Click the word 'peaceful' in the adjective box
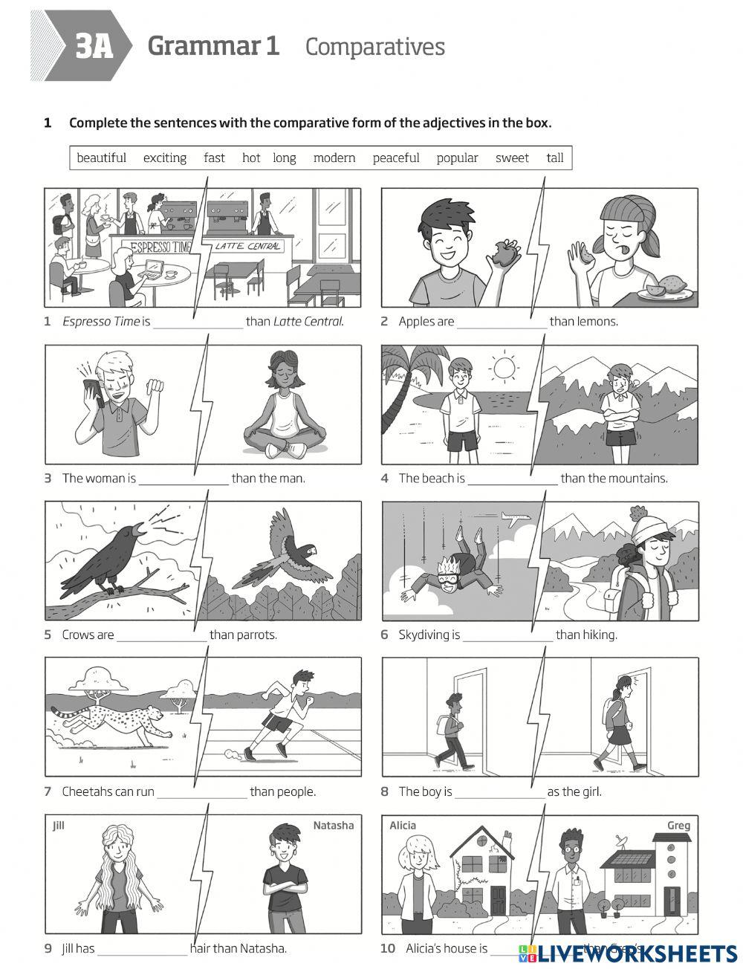(x=396, y=158)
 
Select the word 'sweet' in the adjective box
(x=512, y=158)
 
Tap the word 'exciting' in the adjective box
(x=165, y=158)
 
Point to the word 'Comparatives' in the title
(x=374, y=47)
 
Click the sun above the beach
(x=504, y=367)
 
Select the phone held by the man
(x=91, y=392)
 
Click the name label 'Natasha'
(x=333, y=826)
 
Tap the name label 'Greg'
(x=678, y=826)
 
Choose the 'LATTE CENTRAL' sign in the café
(x=248, y=246)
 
